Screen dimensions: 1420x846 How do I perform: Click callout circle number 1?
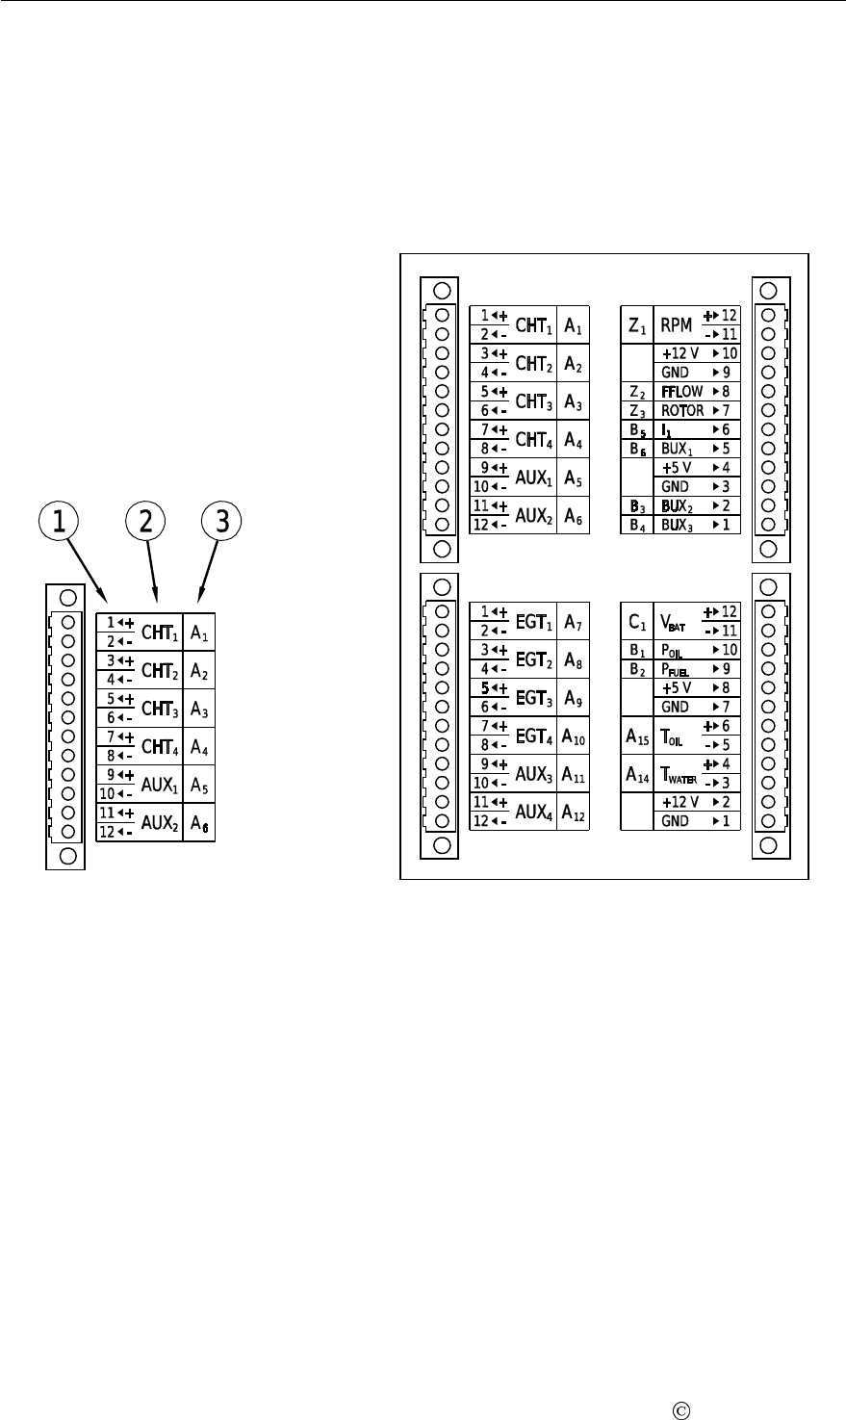click(x=60, y=521)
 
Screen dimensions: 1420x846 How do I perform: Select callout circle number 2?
click(x=144, y=521)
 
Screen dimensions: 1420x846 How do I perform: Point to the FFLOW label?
click(x=681, y=392)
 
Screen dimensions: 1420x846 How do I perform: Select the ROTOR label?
click(x=682, y=411)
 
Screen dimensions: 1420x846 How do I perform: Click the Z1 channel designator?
click(x=637, y=328)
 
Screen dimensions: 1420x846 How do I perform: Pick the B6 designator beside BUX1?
click(x=637, y=449)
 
